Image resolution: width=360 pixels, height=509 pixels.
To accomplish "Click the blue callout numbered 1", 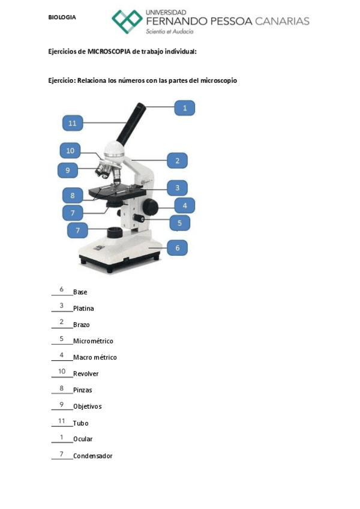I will tap(185, 108).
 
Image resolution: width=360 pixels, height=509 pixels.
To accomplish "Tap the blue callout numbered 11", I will tap(72, 123).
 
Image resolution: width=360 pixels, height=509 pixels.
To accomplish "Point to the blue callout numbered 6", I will tap(177, 247).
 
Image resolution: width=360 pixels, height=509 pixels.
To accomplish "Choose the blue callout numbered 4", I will tap(185, 206).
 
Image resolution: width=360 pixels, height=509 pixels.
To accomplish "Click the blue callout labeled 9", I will tap(68, 170).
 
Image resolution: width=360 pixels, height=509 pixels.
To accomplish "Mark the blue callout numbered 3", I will tap(177, 188).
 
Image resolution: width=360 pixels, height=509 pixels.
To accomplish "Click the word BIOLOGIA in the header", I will tap(62, 17).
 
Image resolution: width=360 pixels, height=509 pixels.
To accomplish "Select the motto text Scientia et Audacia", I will tap(170, 31).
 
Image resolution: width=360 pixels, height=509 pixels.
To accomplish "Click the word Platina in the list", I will tap(83, 309).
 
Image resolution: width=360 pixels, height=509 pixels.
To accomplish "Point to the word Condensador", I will tap(92, 456).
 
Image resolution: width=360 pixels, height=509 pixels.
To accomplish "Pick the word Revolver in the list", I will tap(86, 374).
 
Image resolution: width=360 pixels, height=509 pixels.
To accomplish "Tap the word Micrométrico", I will tap(93, 341).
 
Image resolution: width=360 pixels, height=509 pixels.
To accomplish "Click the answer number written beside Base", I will tap(61, 290).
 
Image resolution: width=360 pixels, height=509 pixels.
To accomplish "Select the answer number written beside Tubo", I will tap(61, 421).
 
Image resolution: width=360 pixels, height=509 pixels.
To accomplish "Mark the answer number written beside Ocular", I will tap(61, 437).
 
